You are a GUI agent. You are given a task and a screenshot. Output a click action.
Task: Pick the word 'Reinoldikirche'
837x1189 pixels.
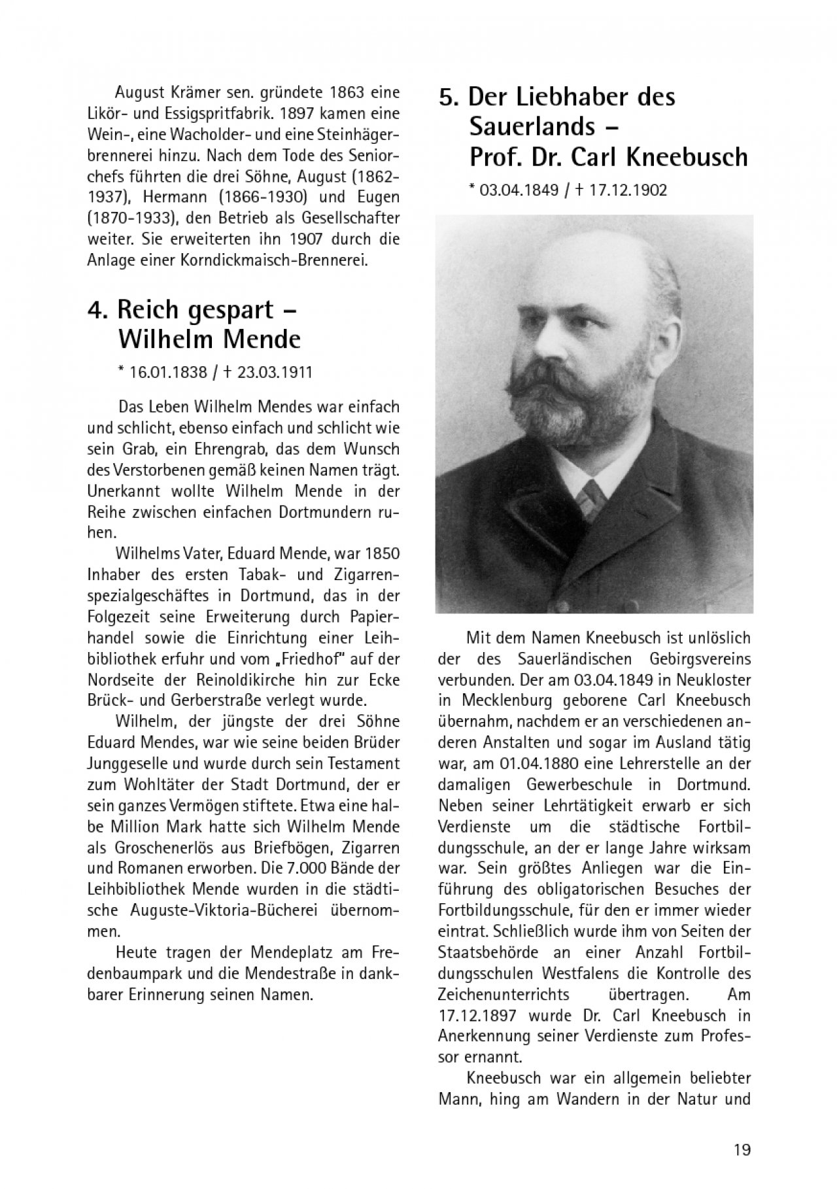click(x=241, y=679)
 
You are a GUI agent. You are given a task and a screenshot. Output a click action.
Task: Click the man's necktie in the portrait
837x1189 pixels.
click(x=593, y=494)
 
